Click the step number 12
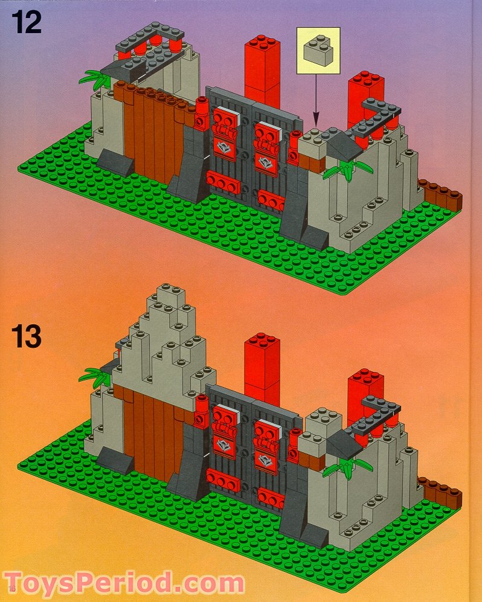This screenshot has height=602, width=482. coord(26,22)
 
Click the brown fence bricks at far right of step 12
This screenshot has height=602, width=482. coord(440,193)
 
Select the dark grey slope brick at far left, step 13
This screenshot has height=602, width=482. coord(115,461)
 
